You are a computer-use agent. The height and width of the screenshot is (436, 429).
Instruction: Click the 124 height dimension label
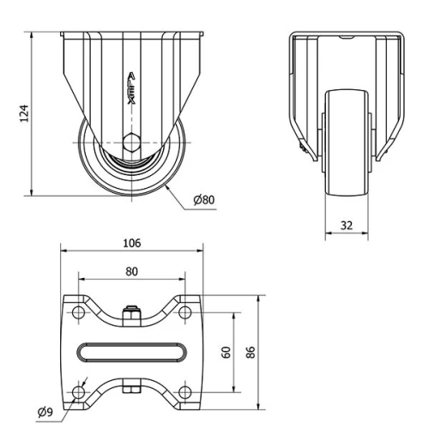coord(25,113)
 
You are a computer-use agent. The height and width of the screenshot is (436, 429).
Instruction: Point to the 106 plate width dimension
coord(131,242)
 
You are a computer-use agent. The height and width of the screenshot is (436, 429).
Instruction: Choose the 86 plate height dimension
coord(250,352)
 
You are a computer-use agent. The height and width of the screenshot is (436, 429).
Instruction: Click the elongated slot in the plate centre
coord(131,353)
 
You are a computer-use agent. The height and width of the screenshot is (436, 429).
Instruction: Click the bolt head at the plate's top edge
coord(131,313)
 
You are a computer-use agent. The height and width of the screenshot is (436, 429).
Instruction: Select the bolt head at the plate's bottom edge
coord(131,391)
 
